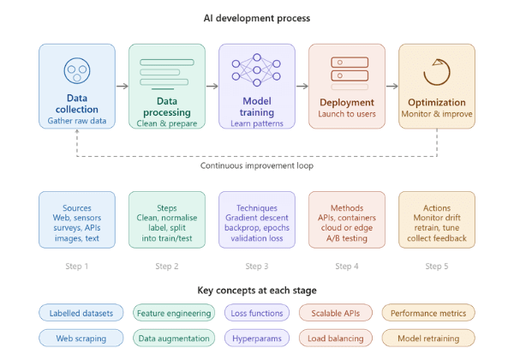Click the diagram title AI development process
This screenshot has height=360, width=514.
(x=257, y=18)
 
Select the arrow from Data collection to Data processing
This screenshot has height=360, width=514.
(x=123, y=87)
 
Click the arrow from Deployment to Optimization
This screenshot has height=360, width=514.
(x=392, y=87)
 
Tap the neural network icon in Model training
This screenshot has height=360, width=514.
(x=256, y=69)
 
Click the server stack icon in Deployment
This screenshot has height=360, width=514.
(x=350, y=74)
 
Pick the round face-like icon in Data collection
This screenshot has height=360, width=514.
(x=77, y=70)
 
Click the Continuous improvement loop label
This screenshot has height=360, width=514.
(x=257, y=165)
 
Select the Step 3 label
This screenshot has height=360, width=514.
(x=257, y=267)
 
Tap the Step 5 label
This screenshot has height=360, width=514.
(x=437, y=267)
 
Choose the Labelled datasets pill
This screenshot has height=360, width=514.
(x=81, y=313)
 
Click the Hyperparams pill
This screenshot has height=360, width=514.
(x=257, y=338)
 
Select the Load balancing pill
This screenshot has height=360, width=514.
(x=335, y=338)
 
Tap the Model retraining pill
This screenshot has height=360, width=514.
(x=428, y=338)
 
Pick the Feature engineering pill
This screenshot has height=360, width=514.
(x=174, y=313)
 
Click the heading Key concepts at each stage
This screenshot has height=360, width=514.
(x=257, y=291)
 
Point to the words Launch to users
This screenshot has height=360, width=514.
(x=347, y=114)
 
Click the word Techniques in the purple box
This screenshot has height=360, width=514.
(x=257, y=208)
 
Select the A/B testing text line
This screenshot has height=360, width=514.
(x=347, y=238)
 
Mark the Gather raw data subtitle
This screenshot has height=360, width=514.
(x=77, y=121)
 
